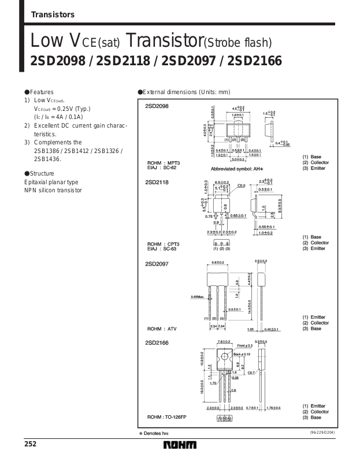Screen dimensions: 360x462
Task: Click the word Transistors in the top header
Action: click(52, 15)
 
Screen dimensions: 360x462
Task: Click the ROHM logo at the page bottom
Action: click(180, 445)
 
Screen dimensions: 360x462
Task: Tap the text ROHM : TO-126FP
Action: click(169, 417)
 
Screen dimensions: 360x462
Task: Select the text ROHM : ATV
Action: click(162, 329)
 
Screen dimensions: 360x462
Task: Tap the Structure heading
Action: click(41, 173)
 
